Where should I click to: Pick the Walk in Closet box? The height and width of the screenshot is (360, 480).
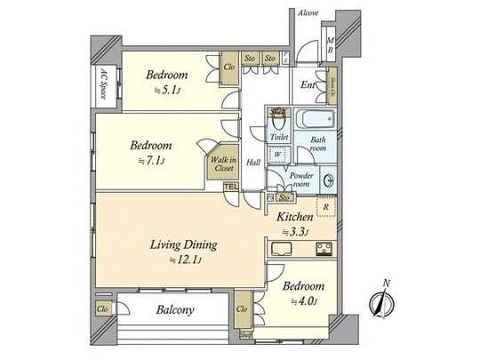222,164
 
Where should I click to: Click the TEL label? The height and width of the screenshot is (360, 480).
230,187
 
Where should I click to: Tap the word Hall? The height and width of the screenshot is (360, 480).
253,163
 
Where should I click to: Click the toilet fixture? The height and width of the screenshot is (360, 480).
277,121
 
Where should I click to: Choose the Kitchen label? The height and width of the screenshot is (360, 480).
293,217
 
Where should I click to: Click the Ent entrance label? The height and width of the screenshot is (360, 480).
308,85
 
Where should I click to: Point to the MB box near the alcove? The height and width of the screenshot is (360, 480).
330,46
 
